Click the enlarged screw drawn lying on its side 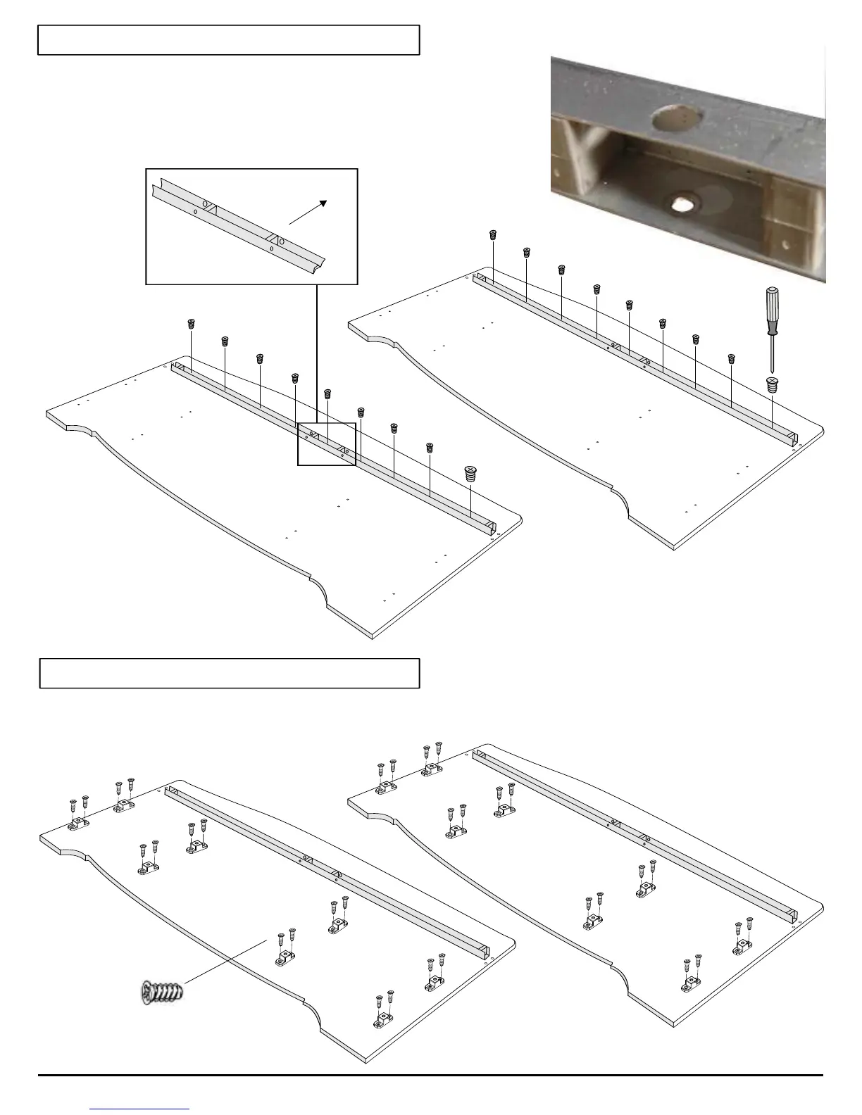[x=163, y=993]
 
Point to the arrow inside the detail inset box [x=308, y=212]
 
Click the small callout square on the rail [x=327, y=443]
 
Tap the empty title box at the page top [x=229, y=39]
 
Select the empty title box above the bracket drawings [x=230, y=673]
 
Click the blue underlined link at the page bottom [x=140, y=1109]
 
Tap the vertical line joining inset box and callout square [x=316, y=353]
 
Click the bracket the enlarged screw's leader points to [x=286, y=957]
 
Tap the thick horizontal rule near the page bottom [x=430, y=1075]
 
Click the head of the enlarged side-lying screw [x=147, y=993]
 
